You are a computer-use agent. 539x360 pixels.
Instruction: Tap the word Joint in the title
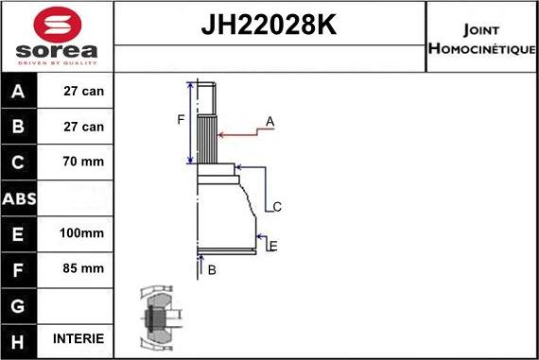tap(482, 27)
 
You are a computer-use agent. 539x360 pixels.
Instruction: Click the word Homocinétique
tap(482, 47)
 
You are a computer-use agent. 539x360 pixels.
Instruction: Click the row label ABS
tap(20, 198)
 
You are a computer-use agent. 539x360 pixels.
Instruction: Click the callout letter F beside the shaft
tap(180, 120)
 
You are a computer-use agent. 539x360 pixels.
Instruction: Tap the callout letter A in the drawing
tap(270, 122)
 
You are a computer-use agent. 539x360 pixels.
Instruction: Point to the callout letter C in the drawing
tap(277, 206)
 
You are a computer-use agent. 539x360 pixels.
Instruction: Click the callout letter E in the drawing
tap(272, 247)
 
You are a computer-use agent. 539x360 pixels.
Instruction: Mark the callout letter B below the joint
tap(212, 270)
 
